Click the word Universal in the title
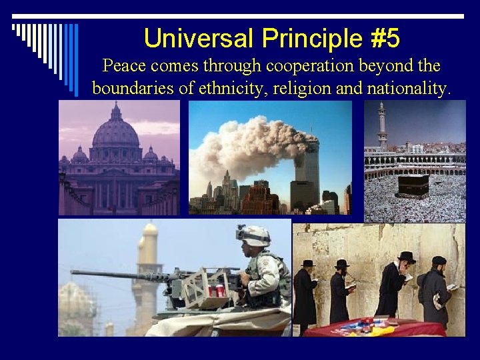point(199,38)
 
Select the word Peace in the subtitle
point(125,66)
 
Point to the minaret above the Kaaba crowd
point(382,127)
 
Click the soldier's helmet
point(254,235)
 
